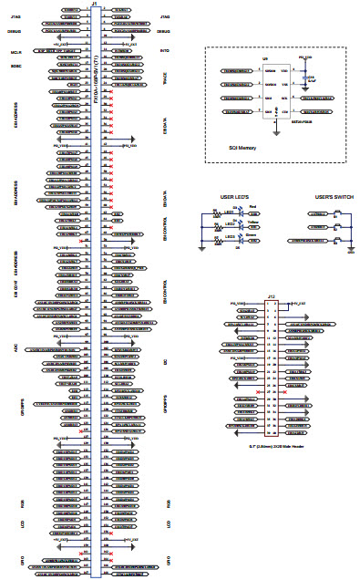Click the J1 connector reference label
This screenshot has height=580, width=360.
96,4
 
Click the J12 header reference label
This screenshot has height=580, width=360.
272,296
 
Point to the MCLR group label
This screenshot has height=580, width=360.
15,51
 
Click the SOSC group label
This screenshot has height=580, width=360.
15,67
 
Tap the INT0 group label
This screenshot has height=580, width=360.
165,51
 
